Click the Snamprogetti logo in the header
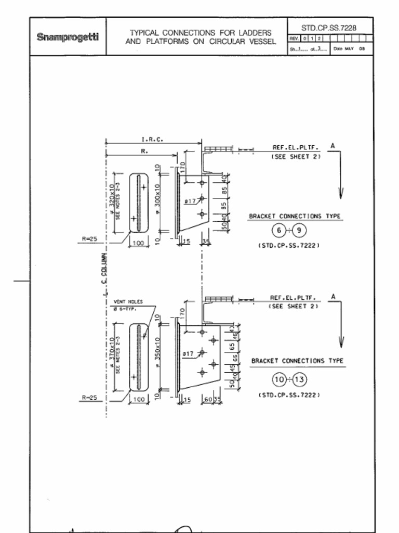coord(68,37)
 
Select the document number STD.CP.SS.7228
coord(329,27)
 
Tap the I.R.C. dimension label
coord(152,139)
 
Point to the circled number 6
coord(278,230)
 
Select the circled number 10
coord(279,379)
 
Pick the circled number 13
coord(300,379)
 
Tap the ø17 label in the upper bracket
coord(190,200)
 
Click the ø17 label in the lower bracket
coord(188,353)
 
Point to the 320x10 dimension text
coord(112,198)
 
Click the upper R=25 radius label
coord(89,239)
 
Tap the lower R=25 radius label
coord(89,398)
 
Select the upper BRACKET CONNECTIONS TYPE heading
coord(295,216)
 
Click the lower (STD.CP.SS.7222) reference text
coord(289,395)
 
